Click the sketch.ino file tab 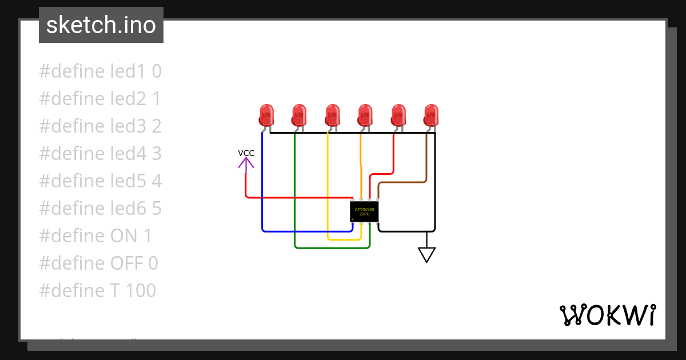click(x=101, y=25)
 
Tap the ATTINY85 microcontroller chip click(x=365, y=211)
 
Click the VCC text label click(x=246, y=153)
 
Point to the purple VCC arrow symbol click(x=246, y=165)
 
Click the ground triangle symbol click(x=426, y=254)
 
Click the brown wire click(x=426, y=160)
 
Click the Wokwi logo click(x=607, y=315)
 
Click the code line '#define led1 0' click(x=100, y=71)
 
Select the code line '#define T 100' click(x=97, y=290)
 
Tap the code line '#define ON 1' click(x=95, y=235)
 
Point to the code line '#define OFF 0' click(x=98, y=263)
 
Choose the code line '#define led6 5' click(x=100, y=208)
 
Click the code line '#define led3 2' click(x=100, y=126)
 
